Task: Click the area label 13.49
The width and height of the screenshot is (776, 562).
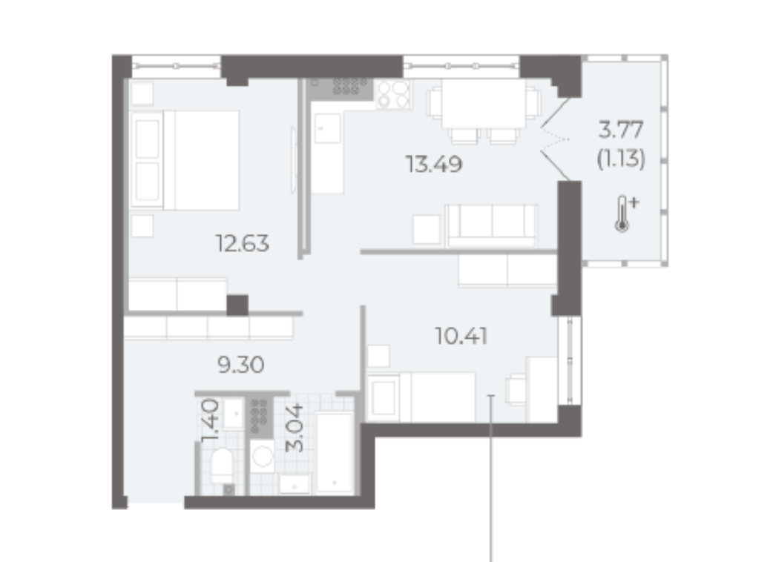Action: click(433, 165)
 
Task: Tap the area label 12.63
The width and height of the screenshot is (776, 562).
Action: click(243, 243)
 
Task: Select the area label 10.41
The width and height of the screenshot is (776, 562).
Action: click(461, 337)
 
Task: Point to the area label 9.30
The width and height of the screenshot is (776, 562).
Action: click(241, 365)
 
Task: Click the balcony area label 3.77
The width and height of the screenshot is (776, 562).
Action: click(621, 130)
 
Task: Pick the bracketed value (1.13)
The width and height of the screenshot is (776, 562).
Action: click(621, 159)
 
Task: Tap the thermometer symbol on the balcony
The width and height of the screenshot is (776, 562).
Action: click(625, 214)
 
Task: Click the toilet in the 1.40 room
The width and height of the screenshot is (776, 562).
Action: click(222, 466)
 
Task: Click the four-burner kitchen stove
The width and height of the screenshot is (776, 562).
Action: click(393, 94)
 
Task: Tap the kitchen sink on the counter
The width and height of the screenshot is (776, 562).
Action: click(327, 128)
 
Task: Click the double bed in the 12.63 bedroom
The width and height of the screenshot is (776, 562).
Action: click(185, 160)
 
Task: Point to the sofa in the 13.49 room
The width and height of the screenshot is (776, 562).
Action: click(491, 226)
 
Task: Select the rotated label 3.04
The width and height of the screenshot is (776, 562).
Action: click(295, 429)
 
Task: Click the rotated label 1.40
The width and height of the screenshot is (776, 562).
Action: click(210, 420)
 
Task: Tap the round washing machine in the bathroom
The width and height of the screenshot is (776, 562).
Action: click(263, 456)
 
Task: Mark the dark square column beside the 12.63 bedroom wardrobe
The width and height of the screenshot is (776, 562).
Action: click(237, 305)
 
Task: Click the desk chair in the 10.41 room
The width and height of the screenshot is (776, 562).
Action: click(516, 389)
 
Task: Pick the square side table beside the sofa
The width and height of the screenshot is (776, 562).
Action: click(427, 229)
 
